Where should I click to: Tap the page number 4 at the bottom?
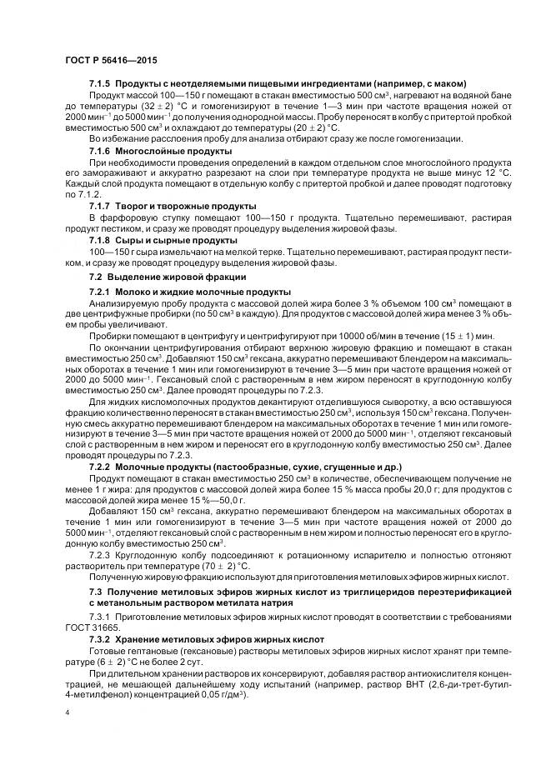(x=67, y=712)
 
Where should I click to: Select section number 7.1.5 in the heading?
(x=99, y=84)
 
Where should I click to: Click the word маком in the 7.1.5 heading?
(x=448, y=84)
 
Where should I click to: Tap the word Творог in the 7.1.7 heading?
(x=131, y=205)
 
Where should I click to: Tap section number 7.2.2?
(x=99, y=467)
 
